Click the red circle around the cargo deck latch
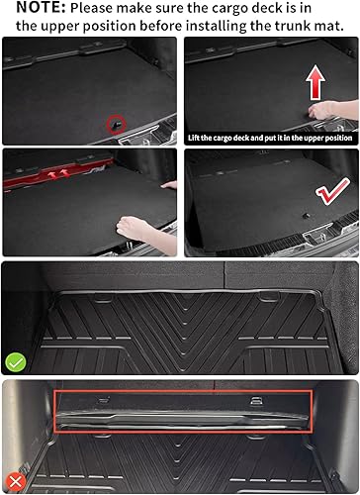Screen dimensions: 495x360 pos(116,125)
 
